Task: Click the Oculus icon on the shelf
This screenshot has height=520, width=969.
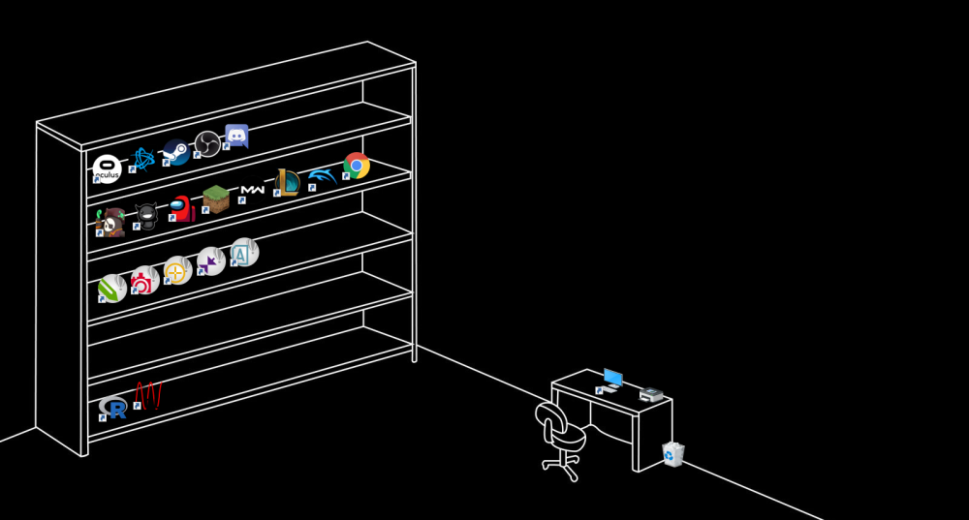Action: pos(107,168)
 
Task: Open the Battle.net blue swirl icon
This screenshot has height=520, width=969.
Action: pos(142,160)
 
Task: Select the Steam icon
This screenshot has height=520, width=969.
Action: pos(175,151)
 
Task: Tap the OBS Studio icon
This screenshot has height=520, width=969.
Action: pos(207,143)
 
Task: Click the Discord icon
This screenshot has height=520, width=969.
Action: pos(236,136)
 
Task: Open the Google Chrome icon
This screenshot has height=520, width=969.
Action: pos(357,166)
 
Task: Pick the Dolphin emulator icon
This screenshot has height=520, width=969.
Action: pos(321,176)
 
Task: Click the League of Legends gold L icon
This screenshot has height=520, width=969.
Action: pos(287,182)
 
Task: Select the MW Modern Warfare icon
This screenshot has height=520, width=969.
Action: pos(252,190)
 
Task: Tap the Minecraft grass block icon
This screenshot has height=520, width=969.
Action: pos(216,199)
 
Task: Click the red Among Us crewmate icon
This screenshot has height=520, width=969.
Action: pos(181,208)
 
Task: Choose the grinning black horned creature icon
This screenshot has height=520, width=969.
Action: pos(146,215)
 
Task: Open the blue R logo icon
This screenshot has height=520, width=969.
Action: pos(113,408)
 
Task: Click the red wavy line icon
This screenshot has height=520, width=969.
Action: pos(147,394)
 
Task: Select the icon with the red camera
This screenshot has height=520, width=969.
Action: pos(145,281)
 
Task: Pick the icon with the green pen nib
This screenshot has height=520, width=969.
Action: pos(112,289)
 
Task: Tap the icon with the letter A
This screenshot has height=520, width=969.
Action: pos(243,253)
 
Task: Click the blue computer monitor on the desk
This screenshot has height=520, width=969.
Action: pos(612,378)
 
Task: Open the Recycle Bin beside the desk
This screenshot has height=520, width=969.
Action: pos(673,453)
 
